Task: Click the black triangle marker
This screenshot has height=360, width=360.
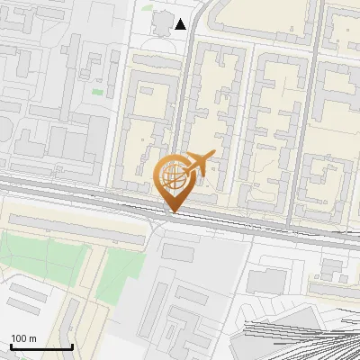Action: (181, 24)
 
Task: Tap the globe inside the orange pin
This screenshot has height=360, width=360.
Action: (173, 175)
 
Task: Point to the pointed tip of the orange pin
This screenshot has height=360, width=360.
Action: (173, 212)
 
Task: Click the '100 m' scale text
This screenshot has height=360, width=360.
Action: (23, 338)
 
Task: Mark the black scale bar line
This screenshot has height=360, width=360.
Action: (41, 346)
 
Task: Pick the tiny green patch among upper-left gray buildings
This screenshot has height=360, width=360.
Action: (97, 92)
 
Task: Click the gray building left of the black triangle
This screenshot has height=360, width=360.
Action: (161, 22)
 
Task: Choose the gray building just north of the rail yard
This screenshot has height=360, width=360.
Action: (267, 281)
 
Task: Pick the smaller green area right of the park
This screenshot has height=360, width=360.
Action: (121, 274)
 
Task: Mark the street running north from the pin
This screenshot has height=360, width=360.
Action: (185, 90)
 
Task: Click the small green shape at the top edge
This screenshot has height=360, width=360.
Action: (147, 5)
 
